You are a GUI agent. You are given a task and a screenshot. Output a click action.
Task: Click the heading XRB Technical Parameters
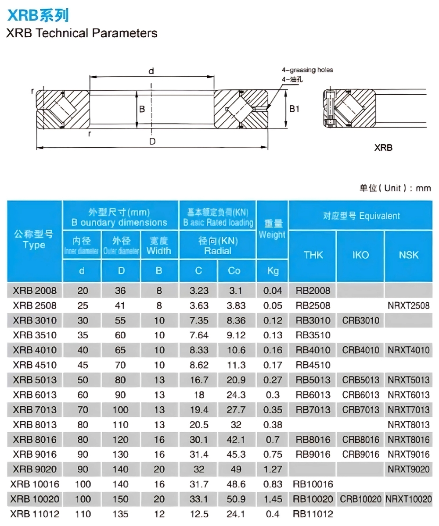coord(82,33)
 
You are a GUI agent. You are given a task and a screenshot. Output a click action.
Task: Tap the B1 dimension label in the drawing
coord(294,109)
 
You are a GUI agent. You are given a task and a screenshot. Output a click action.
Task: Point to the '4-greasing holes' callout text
coord(307,70)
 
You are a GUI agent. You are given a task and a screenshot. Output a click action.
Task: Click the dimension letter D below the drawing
coord(152,141)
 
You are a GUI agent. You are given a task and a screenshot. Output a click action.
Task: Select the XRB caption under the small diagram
coord(383,148)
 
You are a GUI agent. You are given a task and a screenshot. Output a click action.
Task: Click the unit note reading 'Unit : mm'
coord(395,188)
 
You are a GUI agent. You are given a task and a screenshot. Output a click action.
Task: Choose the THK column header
coord(313,255)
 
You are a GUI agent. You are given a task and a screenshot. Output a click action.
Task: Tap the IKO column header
coord(360,255)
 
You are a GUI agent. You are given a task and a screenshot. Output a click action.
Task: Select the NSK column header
coord(409,255)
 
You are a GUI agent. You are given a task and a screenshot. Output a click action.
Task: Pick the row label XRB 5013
coord(35,380)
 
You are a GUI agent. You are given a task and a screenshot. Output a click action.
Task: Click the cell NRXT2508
coord(409,306)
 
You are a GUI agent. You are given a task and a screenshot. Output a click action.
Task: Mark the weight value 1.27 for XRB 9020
coord(273,469)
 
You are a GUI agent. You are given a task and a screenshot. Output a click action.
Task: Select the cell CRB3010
coord(360,320)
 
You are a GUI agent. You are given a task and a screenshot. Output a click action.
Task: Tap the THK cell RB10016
coord(313,484)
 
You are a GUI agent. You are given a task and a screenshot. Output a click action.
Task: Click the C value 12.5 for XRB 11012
coord(199,514)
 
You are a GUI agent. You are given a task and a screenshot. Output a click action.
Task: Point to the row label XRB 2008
coord(35,290)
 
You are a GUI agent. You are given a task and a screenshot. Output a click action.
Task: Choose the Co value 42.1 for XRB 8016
coord(236,440)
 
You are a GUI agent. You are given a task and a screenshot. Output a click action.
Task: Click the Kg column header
coord(273,271)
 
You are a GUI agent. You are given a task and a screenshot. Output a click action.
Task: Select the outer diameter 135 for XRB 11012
coord(120,514)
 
